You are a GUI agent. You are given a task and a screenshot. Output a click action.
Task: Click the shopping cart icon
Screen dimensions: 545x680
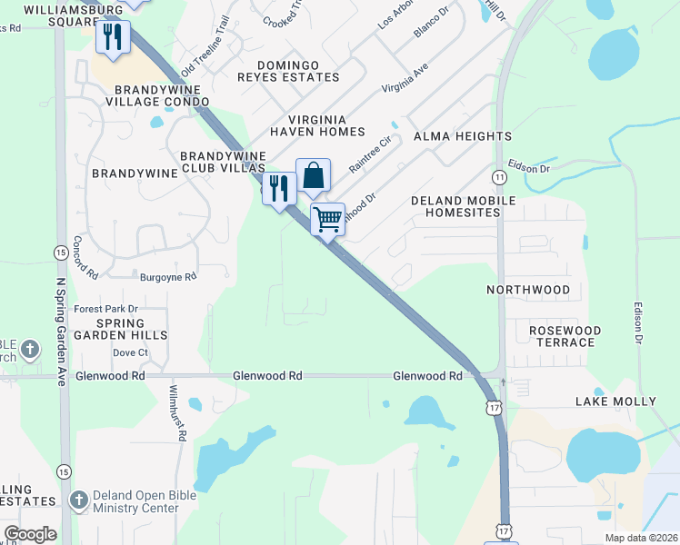pyautogui.click(x=327, y=218)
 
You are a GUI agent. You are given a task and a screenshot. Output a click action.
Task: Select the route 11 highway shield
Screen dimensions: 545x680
pyautogui.click(x=500, y=175)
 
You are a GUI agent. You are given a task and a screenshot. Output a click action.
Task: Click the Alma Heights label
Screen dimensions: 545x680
pyautogui.click(x=463, y=136)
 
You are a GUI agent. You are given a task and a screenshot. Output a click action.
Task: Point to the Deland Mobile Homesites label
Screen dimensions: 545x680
pyautogui.click(x=463, y=206)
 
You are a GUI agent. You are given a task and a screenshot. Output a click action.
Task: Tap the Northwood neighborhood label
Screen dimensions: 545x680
pyautogui.click(x=528, y=290)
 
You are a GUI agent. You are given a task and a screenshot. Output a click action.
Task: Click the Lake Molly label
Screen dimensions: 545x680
pyautogui.click(x=615, y=401)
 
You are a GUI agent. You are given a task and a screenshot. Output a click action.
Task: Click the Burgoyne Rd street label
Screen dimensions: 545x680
pyautogui.click(x=167, y=276)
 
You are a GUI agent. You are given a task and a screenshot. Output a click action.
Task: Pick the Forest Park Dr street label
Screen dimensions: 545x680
pyautogui.click(x=105, y=309)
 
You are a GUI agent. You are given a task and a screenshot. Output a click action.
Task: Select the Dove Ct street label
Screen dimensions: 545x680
pyautogui.click(x=130, y=352)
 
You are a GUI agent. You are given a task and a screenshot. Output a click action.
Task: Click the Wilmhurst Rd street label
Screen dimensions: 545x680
pyautogui.click(x=176, y=412)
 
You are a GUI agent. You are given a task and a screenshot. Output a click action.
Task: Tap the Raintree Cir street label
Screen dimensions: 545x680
pyautogui.click(x=369, y=154)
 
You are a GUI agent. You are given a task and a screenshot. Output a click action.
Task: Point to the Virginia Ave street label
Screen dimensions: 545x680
pyautogui.click(x=405, y=79)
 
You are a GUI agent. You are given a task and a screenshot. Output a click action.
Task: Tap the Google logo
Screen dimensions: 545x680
pyautogui.click(x=30, y=534)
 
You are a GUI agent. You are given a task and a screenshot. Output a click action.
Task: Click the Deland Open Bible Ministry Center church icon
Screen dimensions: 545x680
pyautogui.click(x=79, y=500)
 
